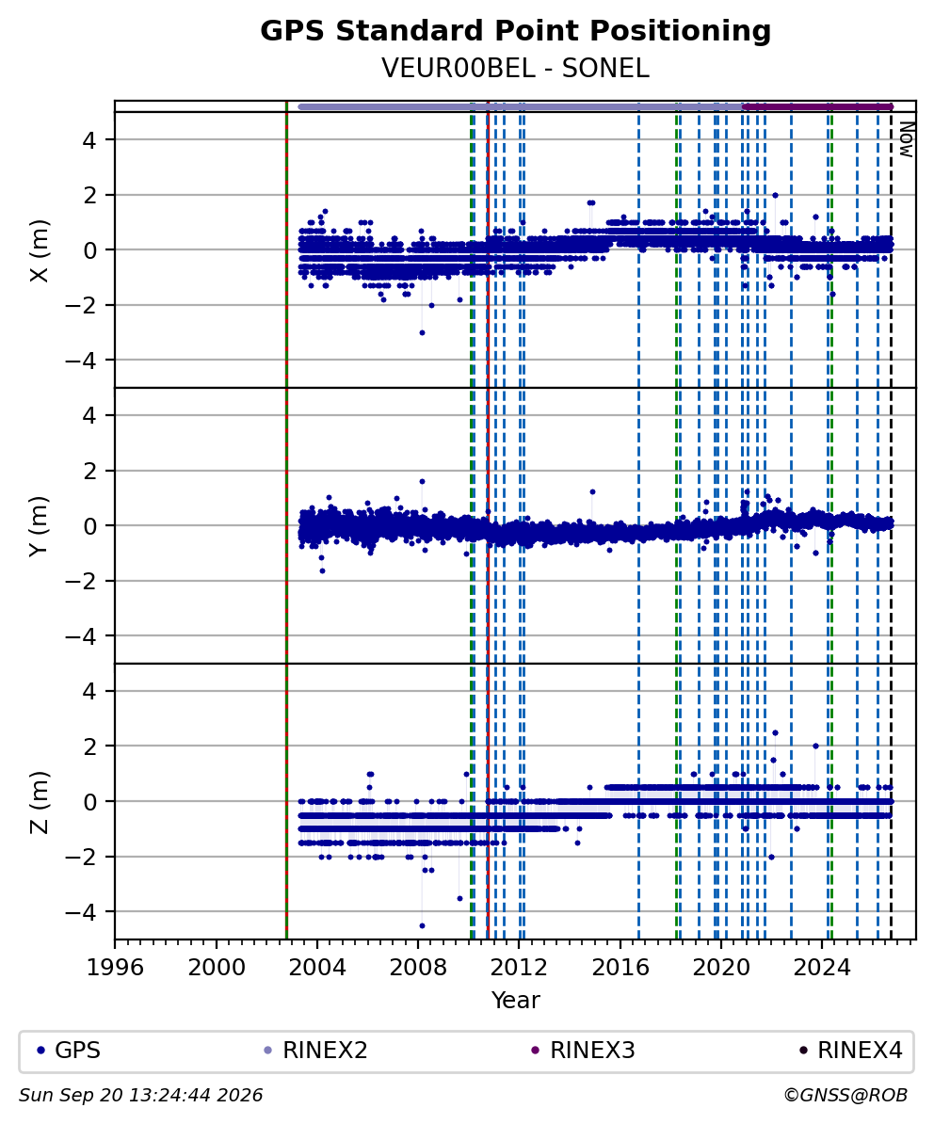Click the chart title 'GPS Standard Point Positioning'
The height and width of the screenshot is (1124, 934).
click(x=515, y=31)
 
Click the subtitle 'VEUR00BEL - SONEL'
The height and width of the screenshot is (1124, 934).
click(x=515, y=68)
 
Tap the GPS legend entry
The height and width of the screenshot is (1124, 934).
click(x=69, y=1051)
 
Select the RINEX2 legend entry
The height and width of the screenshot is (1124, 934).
click(x=316, y=1051)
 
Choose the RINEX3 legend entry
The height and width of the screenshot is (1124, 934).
click(x=584, y=1051)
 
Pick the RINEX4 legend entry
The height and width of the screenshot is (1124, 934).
click(x=851, y=1051)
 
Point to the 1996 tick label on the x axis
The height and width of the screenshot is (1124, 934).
click(x=116, y=967)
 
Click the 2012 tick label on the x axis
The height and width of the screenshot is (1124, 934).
click(x=519, y=967)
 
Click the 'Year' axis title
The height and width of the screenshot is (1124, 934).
click(x=515, y=1000)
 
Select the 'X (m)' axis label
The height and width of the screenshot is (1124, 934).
click(x=40, y=250)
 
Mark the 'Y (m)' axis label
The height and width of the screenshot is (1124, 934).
click(x=40, y=525)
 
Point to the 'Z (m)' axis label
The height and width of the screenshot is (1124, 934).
click(x=40, y=802)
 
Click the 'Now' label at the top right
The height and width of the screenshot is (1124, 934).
click(x=907, y=139)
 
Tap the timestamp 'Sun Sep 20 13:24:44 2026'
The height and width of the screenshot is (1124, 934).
click(x=140, y=1095)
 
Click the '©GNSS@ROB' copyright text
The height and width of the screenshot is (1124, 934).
click(x=845, y=1095)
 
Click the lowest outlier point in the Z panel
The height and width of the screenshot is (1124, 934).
click(x=422, y=925)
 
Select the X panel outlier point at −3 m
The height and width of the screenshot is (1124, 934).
click(x=422, y=332)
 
